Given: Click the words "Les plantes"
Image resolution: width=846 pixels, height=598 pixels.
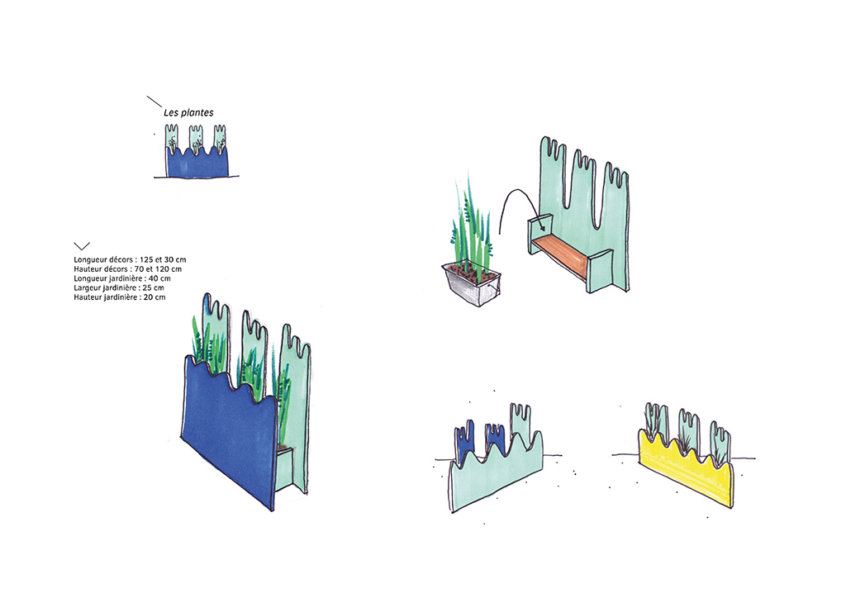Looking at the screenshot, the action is pyautogui.click(x=189, y=112).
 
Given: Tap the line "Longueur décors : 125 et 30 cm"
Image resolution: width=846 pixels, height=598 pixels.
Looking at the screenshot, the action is pyautogui.click(x=130, y=260).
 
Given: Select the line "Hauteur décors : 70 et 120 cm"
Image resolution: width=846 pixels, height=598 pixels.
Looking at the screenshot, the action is pyautogui.click(x=128, y=269).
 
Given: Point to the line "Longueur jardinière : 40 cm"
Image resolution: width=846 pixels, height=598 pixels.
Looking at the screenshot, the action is pyautogui.click(x=122, y=279).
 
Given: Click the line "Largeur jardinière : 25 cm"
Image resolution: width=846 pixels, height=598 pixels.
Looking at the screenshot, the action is pyautogui.click(x=119, y=288).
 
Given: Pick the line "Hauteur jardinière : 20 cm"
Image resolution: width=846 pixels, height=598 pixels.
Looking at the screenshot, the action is pyautogui.click(x=120, y=297).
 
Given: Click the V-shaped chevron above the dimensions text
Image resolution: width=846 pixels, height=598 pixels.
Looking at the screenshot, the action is pyautogui.click(x=82, y=246).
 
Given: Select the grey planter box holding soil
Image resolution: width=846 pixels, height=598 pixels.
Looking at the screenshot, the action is pyautogui.click(x=472, y=284).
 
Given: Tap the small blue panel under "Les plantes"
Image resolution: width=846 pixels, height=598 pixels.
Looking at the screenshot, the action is pyautogui.click(x=197, y=163).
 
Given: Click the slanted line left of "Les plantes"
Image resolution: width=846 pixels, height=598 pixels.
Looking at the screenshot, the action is pyautogui.click(x=154, y=102).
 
